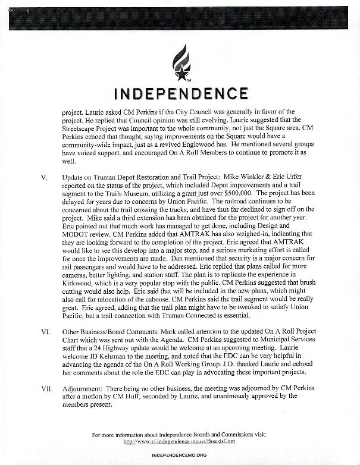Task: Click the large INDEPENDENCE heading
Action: point(180,93)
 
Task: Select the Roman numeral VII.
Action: point(47,387)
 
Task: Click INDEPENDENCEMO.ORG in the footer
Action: point(179,455)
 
